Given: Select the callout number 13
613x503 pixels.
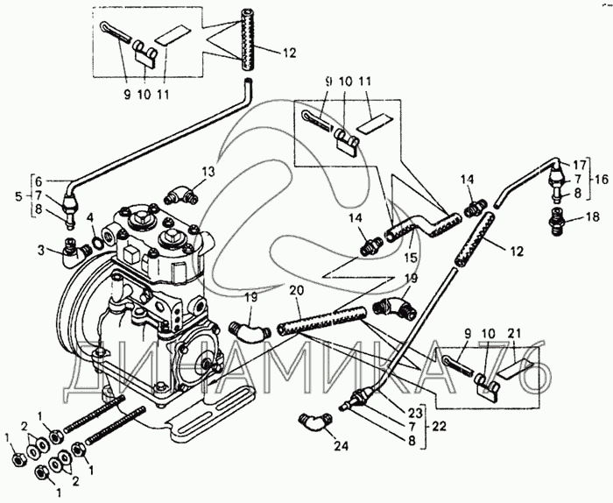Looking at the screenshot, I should [208, 170].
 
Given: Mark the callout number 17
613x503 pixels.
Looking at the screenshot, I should [577, 165].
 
